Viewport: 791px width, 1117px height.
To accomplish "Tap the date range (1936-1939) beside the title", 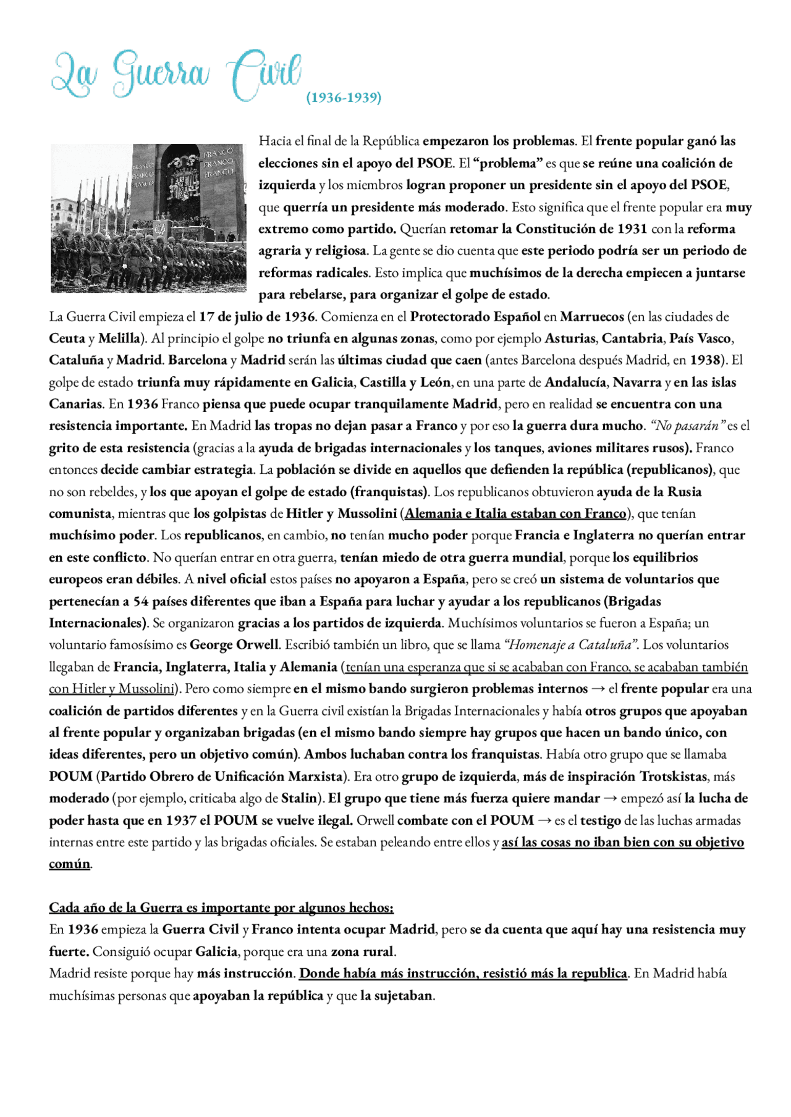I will point(344,98).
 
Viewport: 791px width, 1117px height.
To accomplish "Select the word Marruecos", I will point(591,317).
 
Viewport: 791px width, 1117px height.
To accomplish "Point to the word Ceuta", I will point(67,339).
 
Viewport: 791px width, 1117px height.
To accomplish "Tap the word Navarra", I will point(637,382).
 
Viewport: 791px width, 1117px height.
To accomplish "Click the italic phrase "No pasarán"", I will point(685,426).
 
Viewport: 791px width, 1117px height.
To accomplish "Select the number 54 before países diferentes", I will point(141,601).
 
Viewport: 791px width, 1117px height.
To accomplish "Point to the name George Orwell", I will point(234,645).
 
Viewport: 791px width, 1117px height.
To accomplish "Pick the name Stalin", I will point(300,798).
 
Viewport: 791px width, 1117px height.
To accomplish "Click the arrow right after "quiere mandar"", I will point(610,798).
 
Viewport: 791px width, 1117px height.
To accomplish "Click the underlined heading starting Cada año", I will point(221,908).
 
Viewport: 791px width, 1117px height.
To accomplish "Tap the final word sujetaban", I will point(404,995).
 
